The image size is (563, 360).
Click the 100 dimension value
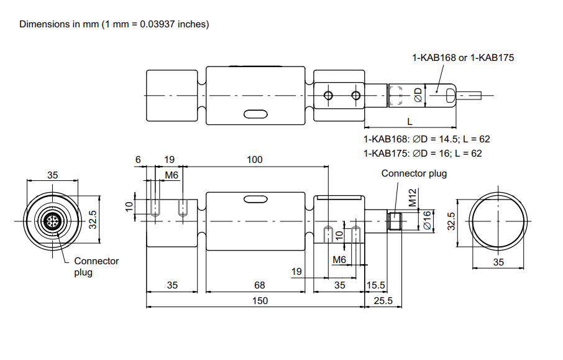(255, 160)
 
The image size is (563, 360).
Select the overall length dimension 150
(260, 301)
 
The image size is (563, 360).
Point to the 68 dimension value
(260, 285)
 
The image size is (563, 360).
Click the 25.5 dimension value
(383, 301)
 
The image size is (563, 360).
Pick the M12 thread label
(413, 199)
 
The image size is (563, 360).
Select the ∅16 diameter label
(427, 220)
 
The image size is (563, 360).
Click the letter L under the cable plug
(410, 120)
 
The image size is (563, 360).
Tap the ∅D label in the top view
(418, 95)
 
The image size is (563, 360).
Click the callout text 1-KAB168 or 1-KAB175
(463, 58)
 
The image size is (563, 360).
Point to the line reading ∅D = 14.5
(427, 139)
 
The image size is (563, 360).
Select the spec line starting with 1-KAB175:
(422, 153)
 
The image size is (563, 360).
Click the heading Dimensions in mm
(114, 24)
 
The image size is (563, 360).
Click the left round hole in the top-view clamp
(328, 95)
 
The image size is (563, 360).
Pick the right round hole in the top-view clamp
(355, 95)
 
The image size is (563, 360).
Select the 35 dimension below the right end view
(499, 262)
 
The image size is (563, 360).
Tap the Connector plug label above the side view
(414, 173)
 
